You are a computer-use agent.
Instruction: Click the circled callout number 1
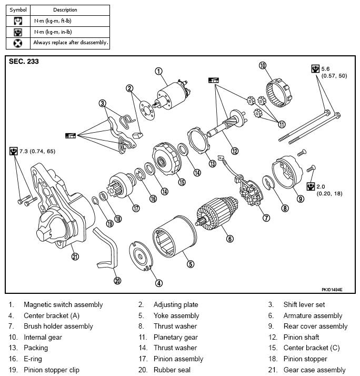(158, 71)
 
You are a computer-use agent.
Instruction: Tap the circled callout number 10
(263, 66)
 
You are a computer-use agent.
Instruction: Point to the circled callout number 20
(117, 280)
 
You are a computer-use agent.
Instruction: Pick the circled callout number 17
(136, 208)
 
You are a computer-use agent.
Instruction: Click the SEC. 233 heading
(24, 62)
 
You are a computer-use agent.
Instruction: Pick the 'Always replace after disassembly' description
(70, 42)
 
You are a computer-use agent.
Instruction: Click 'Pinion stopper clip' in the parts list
(51, 370)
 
